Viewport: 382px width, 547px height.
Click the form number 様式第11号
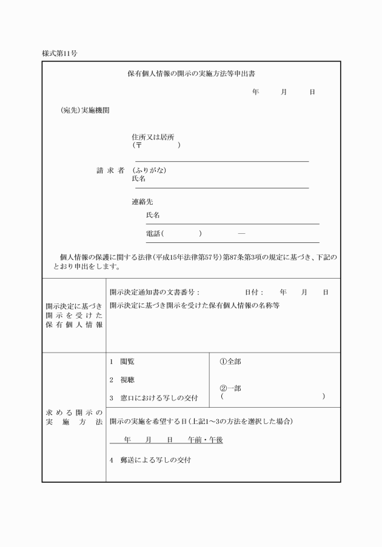click(59, 53)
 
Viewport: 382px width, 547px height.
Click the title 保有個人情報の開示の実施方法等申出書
click(190, 73)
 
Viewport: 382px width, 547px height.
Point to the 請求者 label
click(110, 170)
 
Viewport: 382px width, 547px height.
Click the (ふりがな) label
click(149, 170)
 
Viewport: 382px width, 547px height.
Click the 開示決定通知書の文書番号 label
click(154, 292)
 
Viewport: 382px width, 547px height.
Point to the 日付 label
click(254, 292)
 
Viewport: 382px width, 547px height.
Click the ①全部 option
click(230, 362)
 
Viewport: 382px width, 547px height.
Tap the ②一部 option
click(230, 388)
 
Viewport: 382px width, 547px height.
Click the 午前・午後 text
click(205, 440)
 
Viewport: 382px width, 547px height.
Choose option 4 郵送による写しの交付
click(150, 460)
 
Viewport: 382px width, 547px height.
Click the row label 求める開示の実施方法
click(73, 417)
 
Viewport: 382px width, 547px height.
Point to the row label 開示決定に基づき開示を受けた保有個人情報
click(73, 316)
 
